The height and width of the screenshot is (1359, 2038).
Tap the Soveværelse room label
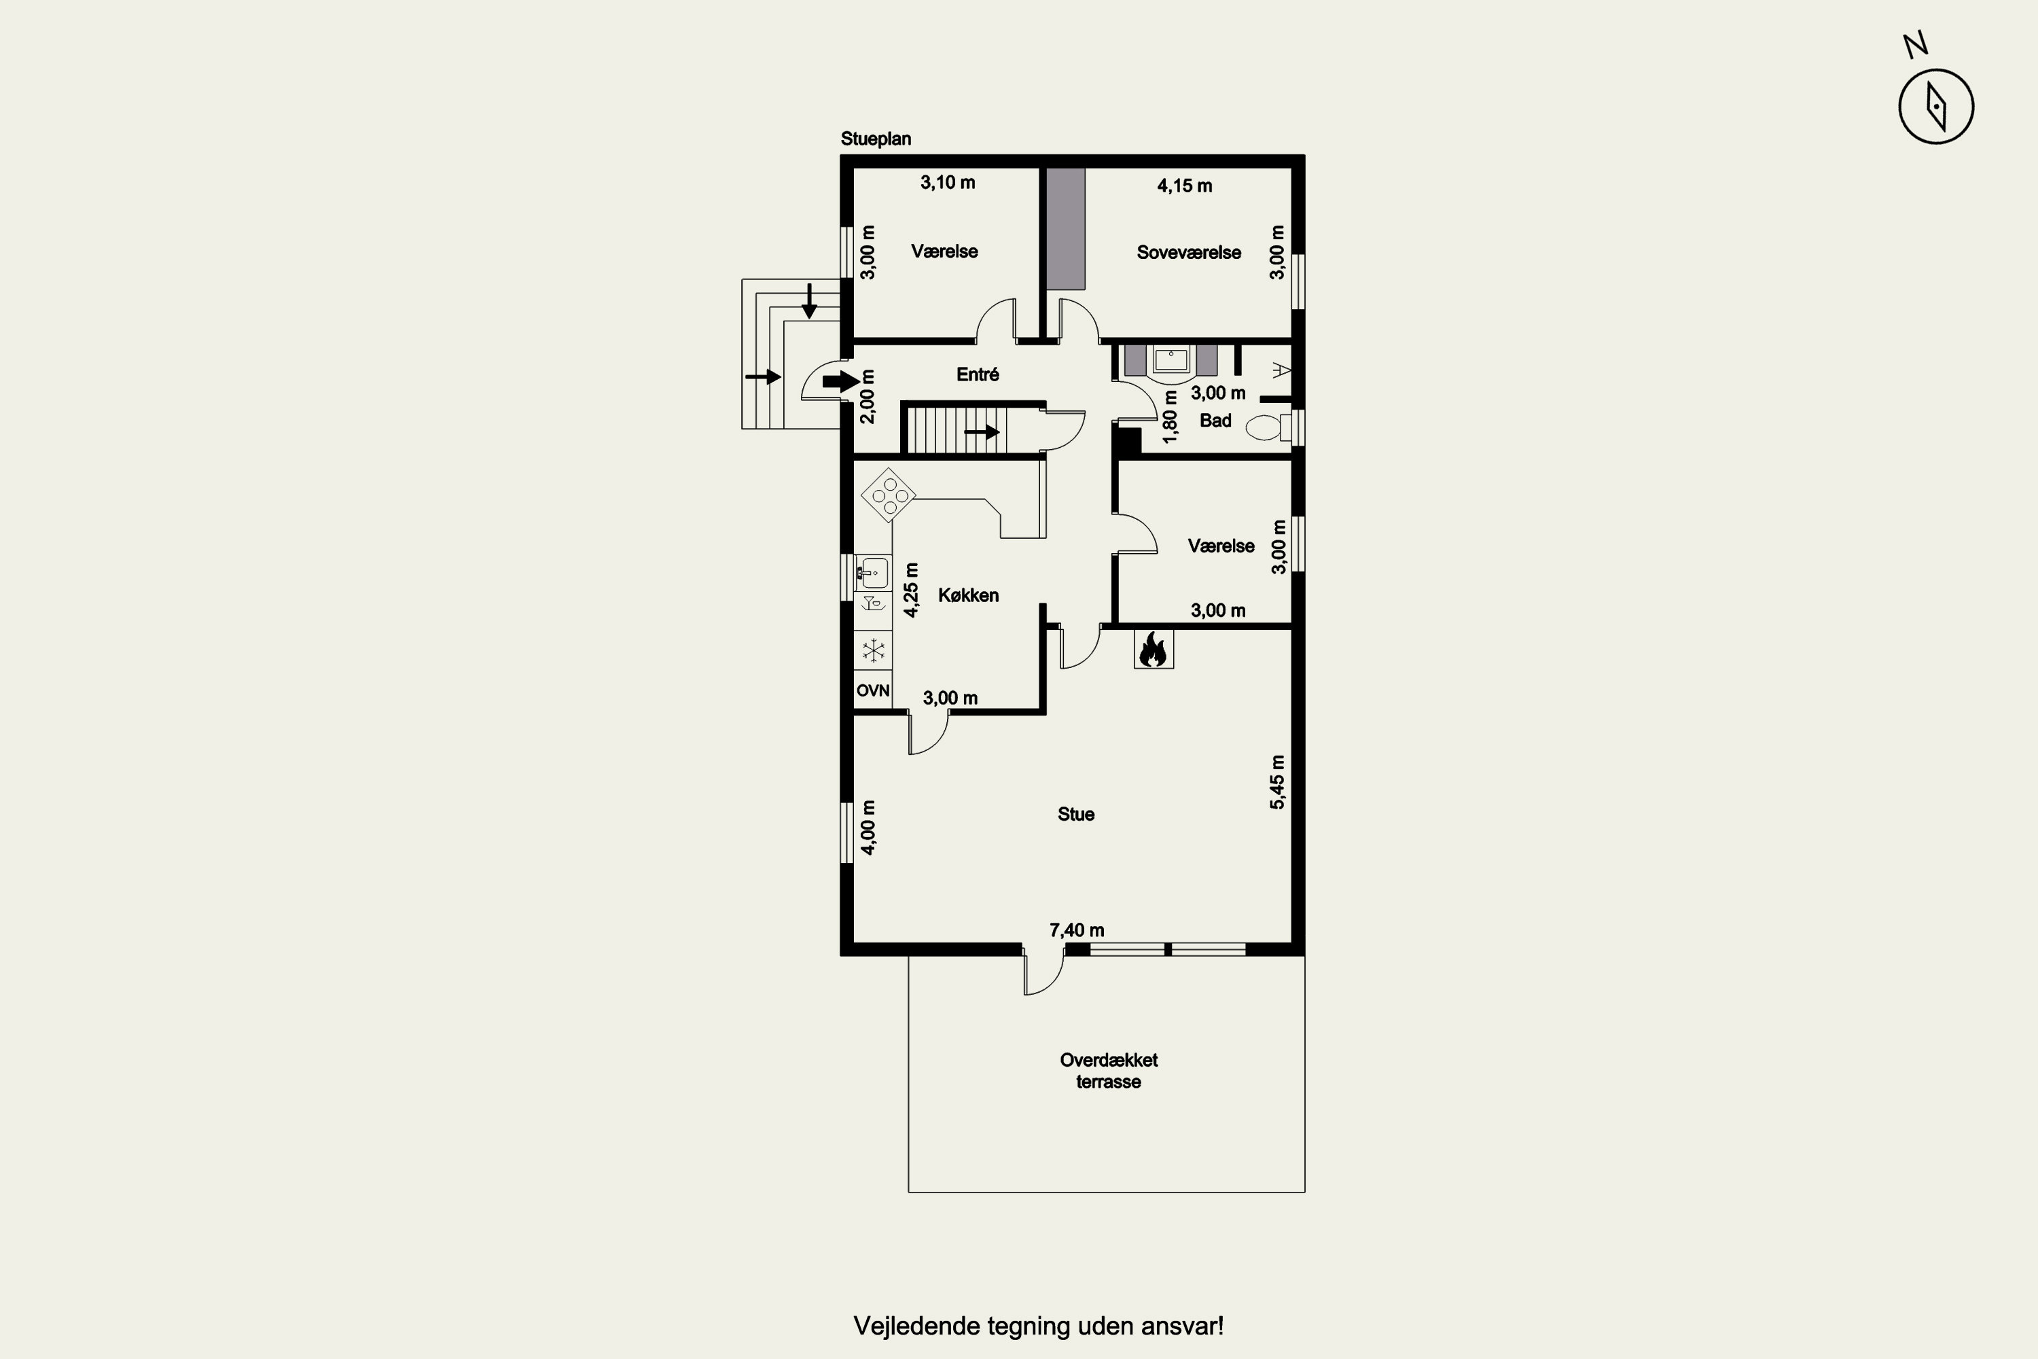[1189, 252]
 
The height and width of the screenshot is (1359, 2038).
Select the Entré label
[978, 374]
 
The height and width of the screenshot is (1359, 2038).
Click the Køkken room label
[968, 595]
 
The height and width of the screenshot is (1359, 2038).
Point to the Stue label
[1075, 814]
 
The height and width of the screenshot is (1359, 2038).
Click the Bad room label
[1215, 421]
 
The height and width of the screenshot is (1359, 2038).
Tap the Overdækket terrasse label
[1108, 1070]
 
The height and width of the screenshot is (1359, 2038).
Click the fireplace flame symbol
[1152, 649]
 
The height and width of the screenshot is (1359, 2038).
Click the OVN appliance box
[872, 691]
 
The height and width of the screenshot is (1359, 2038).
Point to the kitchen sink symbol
[872, 573]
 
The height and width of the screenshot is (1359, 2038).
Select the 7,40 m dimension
[1076, 930]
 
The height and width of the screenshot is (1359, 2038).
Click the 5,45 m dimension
[1277, 782]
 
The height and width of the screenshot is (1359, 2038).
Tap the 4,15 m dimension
[1185, 186]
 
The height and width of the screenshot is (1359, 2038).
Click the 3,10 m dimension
[947, 182]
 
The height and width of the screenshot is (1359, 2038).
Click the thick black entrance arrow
[840, 381]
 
